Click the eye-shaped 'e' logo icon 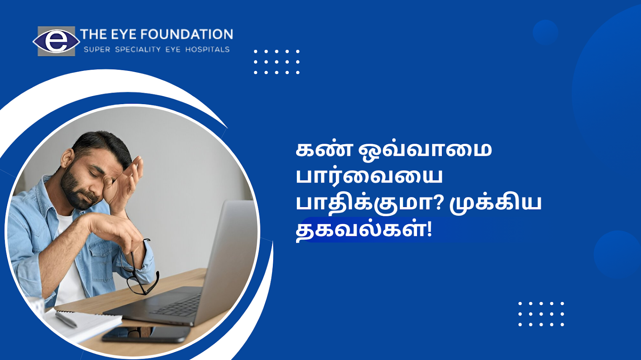(56, 41)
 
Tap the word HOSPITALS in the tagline (208, 50)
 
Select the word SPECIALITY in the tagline (138, 50)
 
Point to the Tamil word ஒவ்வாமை (425, 151)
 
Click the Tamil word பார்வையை (369, 177)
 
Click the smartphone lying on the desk (146, 334)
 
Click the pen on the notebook (66, 319)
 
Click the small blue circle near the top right (545, 32)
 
